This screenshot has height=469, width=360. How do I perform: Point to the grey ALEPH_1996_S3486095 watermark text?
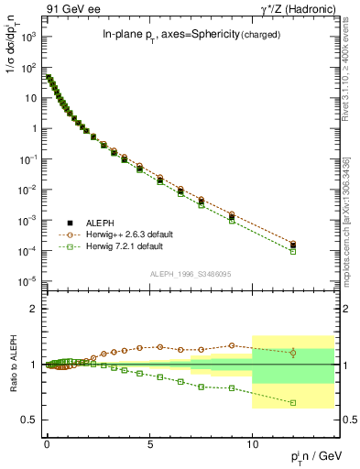click(x=190, y=274)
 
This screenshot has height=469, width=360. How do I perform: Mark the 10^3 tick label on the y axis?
click(x=28, y=37)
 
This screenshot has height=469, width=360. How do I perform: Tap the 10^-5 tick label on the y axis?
click(x=27, y=281)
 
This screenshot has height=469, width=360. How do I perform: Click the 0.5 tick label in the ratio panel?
click(x=29, y=420)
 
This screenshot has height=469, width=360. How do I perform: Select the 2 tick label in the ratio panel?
click(x=34, y=309)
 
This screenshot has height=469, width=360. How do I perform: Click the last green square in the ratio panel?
click(x=293, y=402)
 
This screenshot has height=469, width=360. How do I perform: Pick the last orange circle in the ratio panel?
click(x=293, y=353)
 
